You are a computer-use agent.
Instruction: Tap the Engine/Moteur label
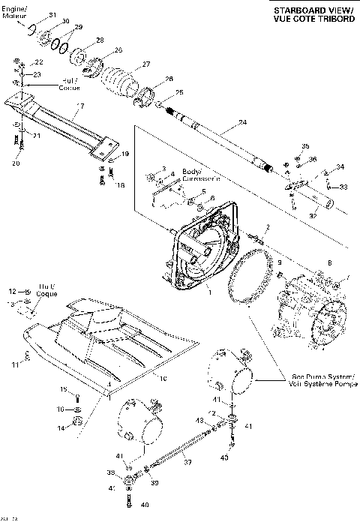click(x=14, y=10)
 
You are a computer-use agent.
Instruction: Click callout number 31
click(x=52, y=15)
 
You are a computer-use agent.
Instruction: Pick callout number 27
click(x=146, y=64)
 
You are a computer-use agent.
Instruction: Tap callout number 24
click(x=241, y=122)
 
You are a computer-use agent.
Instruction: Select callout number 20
click(x=16, y=163)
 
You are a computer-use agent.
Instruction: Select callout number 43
click(x=200, y=420)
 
